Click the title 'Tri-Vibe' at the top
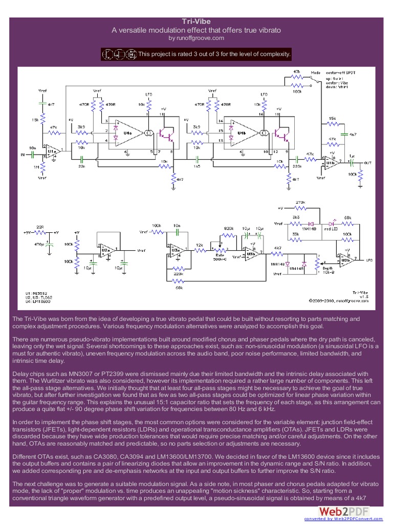196,21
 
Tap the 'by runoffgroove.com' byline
196,38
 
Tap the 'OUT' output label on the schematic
367,163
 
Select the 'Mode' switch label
316,73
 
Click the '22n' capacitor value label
81,166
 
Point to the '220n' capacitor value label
297,166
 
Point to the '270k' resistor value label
300,203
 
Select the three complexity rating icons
119,54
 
